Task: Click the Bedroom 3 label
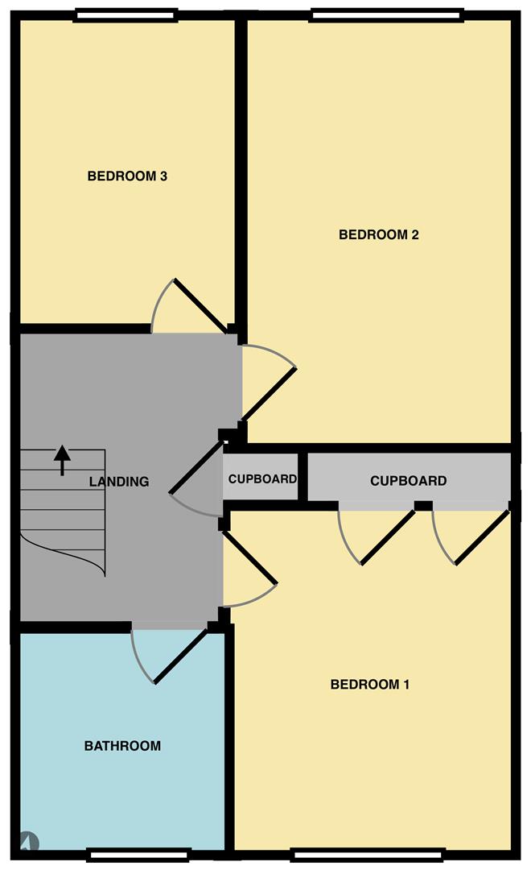point(127,176)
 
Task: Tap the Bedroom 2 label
point(379,234)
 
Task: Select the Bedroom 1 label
point(370,684)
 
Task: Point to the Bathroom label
point(122,746)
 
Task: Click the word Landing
point(119,482)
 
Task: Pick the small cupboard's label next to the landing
point(262,478)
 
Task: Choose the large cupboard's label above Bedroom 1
point(409,480)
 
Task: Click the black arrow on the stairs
point(62,460)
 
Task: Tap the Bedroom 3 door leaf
point(200,306)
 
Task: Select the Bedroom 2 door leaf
point(269,393)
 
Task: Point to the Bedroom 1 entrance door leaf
point(249,557)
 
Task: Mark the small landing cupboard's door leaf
point(197,466)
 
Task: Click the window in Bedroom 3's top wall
point(126,15)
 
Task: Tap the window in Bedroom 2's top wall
point(386,15)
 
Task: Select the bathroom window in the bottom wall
point(138,855)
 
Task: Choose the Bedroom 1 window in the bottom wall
point(368,855)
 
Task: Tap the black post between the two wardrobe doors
point(423,505)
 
